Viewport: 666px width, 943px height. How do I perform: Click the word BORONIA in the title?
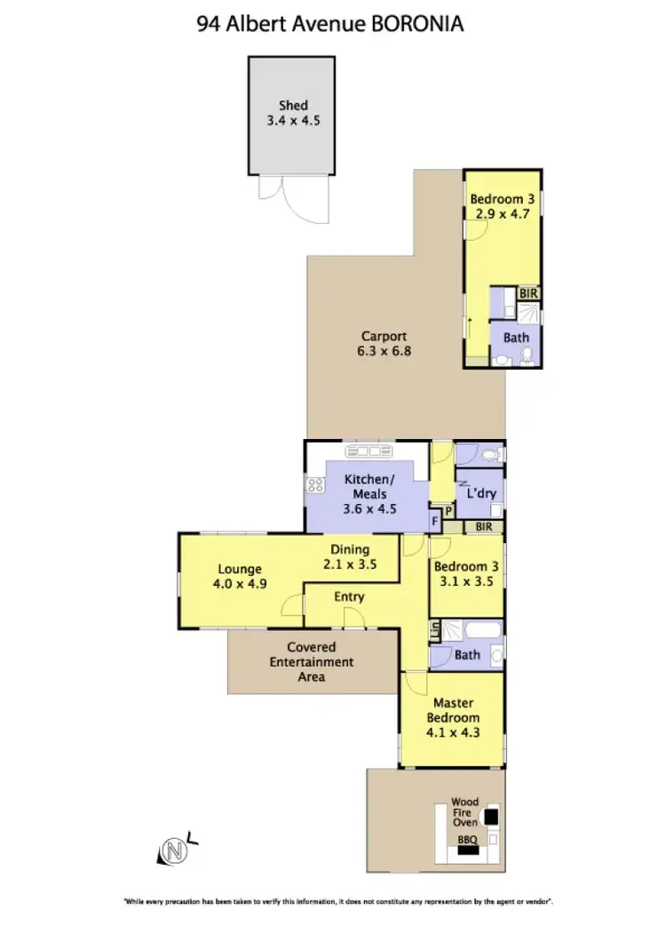pyautogui.click(x=414, y=24)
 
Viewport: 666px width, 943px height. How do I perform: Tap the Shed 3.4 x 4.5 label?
pyautogui.click(x=292, y=113)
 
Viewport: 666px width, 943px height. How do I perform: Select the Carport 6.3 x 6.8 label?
pyautogui.click(x=384, y=343)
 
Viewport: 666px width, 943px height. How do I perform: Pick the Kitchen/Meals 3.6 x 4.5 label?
pyautogui.click(x=369, y=495)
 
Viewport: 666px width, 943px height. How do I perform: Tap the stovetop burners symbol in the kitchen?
pyautogui.click(x=313, y=484)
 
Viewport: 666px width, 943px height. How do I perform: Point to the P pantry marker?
pyautogui.click(x=449, y=511)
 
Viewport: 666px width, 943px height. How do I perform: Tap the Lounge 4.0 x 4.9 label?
pyautogui.click(x=240, y=576)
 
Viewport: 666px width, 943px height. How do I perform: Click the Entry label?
pyautogui.click(x=349, y=596)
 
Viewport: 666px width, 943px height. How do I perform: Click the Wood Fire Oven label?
pyautogui.click(x=464, y=811)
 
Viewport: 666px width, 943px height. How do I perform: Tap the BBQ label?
pyautogui.click(x=466, y=838)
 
